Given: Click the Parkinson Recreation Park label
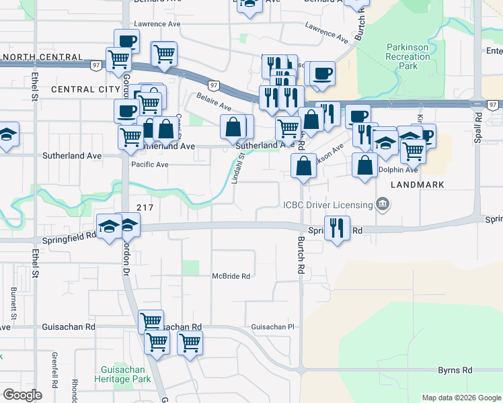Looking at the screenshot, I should pyautogui.click(x=408, y=57).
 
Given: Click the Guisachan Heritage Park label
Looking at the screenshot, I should pyautogui.click(x=125, y=375).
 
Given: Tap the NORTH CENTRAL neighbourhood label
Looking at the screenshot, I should pyautogui.click(x=42, y=57).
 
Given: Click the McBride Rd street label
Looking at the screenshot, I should pyautogui.click(x=231, y=276).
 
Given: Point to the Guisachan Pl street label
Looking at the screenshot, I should pyautogui.click(x=273, y=327).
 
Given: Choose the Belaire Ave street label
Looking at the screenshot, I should pyautogui.click(x=214, y=103).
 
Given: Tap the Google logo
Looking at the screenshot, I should pyautogui.click(x=22, y=395).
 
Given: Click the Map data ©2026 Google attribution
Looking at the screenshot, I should pyautogui.click(x=461, y=398).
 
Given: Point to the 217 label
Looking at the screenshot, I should pyautogui.click(x=146, y=208).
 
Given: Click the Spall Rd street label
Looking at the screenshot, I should pyautogui.click(x=478, y=126).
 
